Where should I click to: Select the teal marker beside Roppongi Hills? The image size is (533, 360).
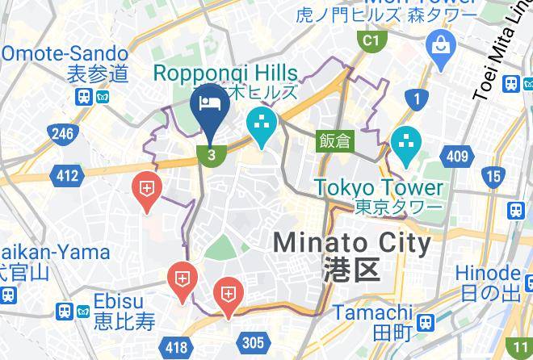pyautogui.click(x=263, y=124)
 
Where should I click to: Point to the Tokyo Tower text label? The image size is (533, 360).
pyautogui.click(x=379, y=187)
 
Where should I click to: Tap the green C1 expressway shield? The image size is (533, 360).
pyautogui.click(x=371, y=40)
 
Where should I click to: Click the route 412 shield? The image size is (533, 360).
pyautogui.click(x=67, y=175)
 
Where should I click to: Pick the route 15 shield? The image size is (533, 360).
pyautogui.click(x=493, y=174)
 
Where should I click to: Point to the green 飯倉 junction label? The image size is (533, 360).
pyautogui.click(x=334, y=140)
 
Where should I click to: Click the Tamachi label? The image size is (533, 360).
pyautogui.click(x=373, y=312)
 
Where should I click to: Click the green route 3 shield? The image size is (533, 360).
pyautogui.click(x=212, y=155)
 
